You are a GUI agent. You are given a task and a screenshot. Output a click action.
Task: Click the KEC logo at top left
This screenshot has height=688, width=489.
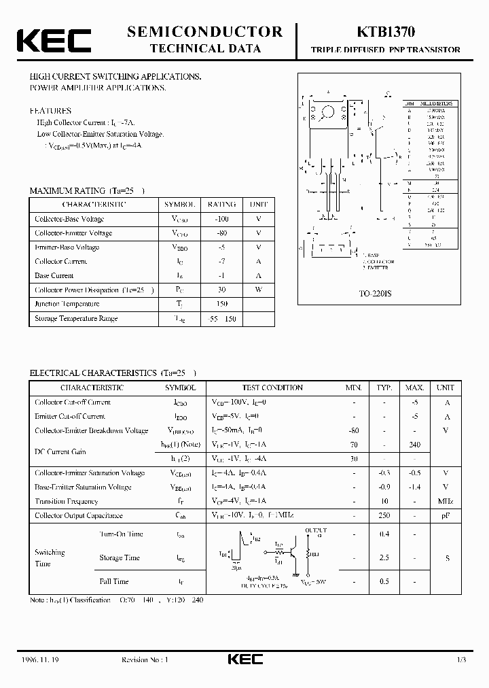[54, 40]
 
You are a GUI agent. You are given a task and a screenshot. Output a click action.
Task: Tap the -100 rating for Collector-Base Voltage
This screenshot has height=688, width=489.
[221, 219]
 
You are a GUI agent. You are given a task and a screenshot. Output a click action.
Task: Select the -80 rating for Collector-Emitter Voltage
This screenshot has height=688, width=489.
[221, 233]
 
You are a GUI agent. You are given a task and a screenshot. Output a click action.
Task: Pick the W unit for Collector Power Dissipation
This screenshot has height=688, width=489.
[258, 290]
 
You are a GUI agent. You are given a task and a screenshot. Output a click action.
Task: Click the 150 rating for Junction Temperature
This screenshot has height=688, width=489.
[221, 305]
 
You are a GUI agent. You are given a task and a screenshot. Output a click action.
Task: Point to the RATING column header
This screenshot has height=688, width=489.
[221, 204]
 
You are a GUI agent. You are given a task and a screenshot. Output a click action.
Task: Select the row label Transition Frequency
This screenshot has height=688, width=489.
[67, 502]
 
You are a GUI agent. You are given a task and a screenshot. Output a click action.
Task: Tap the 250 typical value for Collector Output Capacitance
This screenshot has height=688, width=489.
[384, 516]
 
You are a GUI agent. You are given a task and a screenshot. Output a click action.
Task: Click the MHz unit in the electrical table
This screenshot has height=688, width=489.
[445, 502]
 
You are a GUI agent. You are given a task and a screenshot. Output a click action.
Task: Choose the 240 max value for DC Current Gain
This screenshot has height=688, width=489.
[414, 445]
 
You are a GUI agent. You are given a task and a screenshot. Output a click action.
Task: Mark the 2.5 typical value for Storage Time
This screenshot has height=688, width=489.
[384, 557]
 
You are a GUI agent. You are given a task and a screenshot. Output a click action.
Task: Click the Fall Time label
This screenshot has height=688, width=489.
[113, 581]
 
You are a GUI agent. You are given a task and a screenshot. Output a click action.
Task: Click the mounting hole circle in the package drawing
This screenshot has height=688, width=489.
[328, 111]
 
